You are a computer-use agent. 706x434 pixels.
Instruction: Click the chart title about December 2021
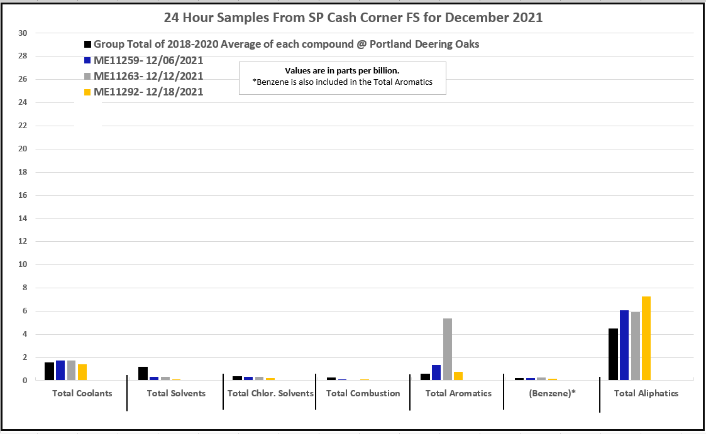[353, 18]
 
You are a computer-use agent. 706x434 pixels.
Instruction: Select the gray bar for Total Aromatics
[448, 349]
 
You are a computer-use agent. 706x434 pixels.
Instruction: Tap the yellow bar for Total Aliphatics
[647, 338]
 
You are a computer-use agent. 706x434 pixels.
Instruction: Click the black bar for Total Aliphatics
[613, 354]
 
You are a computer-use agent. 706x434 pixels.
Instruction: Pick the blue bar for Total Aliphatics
[624, 345]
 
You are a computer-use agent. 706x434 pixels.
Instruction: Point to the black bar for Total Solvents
[143, 373]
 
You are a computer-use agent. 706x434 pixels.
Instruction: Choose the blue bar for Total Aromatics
[436, 372]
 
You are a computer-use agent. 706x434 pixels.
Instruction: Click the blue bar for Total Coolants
[60, 370]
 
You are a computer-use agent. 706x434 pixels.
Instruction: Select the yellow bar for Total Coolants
[82, 372]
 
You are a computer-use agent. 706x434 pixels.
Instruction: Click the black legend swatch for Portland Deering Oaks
[87, 45]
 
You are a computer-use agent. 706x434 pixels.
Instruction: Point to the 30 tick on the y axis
[23, 33]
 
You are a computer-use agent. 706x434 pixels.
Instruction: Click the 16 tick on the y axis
[23, 195]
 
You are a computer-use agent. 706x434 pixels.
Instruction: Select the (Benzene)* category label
[553, 393]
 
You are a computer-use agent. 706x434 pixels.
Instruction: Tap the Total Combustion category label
[363, 393]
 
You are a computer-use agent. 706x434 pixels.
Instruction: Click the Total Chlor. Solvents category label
[270, 393]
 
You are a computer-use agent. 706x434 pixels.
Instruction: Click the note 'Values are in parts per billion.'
[342, 71]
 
